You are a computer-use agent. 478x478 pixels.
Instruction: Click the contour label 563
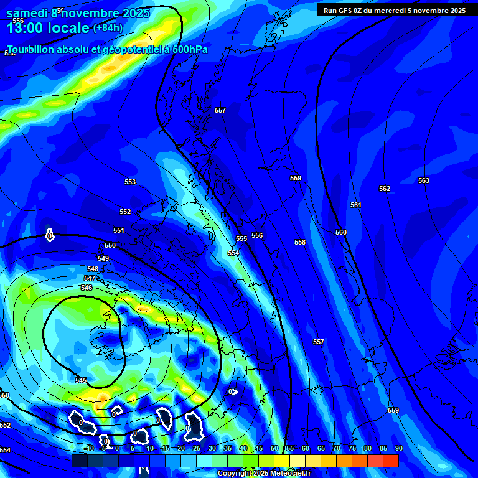click(x=424, y=180)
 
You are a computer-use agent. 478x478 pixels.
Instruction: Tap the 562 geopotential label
click(x=385, y=189)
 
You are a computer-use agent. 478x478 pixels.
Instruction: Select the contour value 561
click(x=355, y=205)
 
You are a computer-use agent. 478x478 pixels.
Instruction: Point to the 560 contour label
click(x=341, y=232)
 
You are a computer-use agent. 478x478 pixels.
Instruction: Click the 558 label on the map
click(x=300, y=242)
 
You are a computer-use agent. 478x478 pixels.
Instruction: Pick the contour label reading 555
click(x=241, y=238)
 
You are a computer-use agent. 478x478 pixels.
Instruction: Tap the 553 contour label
click(x=130, y=182)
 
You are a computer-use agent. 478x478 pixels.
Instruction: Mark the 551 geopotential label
click(x=119, y=230)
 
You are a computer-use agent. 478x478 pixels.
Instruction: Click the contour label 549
click(x=103, y=258)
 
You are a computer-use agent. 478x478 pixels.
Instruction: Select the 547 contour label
click(x=90, y=278)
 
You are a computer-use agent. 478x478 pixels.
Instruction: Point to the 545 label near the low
click(x=81, y=380)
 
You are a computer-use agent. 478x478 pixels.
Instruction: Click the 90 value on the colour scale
click(x=399, y=448)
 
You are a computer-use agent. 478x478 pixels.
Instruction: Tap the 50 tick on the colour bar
click(x=274, y=448)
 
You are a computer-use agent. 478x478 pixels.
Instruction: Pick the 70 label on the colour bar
click(x=337, y=448)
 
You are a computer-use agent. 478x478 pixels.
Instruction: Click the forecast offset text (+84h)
click(x=108, y=27)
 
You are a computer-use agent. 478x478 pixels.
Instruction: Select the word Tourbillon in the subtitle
click(x=30, y=49)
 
